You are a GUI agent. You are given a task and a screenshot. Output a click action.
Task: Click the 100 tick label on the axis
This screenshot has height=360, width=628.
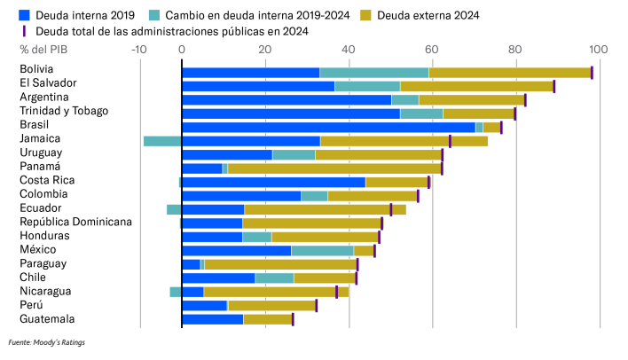(x=597, y=50)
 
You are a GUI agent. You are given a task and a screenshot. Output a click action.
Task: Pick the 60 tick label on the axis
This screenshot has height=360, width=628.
(x=431, y=50)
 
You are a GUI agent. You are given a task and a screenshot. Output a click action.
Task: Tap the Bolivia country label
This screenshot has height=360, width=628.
(x=36, y=68)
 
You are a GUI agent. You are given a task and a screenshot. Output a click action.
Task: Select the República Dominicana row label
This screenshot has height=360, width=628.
(x=76, y=222)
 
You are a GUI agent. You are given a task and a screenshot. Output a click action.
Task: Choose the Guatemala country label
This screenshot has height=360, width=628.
(x=47, y=319)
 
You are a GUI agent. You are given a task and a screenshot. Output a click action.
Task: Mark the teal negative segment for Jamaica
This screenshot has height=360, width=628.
(x=162, y=141)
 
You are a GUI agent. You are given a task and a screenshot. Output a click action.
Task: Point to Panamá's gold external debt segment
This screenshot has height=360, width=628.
(x=334, y=168)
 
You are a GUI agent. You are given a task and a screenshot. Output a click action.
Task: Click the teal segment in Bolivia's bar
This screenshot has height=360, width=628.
(x=373, y=73)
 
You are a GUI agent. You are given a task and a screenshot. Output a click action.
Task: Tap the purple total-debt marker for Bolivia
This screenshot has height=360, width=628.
(x=592, y=73)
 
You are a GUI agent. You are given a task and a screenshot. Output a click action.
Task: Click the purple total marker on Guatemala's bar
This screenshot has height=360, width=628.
(x=293, y=319)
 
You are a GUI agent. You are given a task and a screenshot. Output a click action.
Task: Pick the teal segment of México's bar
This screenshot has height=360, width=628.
(x=322, y=251)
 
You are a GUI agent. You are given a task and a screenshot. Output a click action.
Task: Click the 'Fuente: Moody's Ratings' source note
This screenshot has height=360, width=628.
(x=47, y=341)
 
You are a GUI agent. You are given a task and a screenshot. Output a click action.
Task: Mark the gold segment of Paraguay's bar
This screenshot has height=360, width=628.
(x=280, y=264)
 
